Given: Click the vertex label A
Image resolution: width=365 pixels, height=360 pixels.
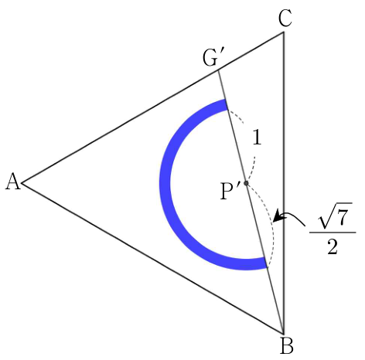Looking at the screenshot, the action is tap(13, 182).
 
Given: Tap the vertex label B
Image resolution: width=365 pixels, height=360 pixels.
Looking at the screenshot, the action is tap(287, 346).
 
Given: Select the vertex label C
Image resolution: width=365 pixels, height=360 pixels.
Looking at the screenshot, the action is tap(285, 19).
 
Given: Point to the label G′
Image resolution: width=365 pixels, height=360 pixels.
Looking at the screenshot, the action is tap(211, 58).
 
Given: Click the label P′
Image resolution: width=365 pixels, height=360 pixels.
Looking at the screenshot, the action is tap(230, 191).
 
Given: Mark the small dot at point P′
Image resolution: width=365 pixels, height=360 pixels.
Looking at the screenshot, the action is tap(246, 183).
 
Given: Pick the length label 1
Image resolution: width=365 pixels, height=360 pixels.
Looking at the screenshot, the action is tap(257, 138).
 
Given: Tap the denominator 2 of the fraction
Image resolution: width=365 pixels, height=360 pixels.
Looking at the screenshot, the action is tap(333, 246).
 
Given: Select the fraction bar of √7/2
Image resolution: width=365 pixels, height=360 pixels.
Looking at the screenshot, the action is tap(333, 233).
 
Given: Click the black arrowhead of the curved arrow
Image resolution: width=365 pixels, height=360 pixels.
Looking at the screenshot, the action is tap(278, 216).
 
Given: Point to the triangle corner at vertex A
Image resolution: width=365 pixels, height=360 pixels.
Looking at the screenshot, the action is tap(22, 183).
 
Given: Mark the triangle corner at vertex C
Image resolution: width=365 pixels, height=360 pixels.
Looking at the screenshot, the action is tap(284, 32).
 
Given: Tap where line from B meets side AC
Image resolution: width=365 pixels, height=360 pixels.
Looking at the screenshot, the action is tap(219, 70).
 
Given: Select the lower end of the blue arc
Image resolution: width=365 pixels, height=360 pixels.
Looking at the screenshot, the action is tap(265, 263).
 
